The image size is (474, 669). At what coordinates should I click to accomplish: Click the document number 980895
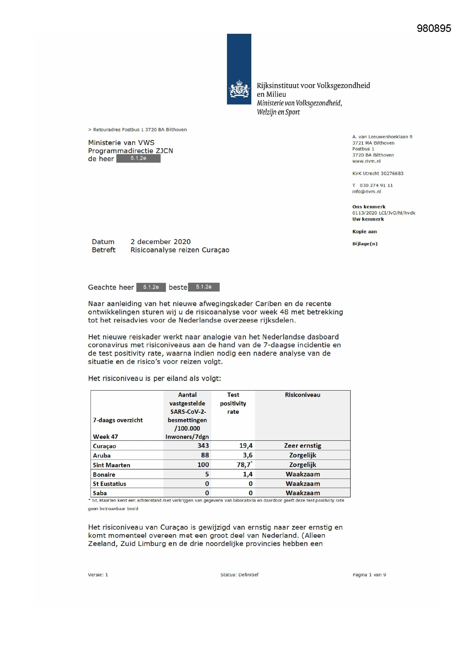[434, 28]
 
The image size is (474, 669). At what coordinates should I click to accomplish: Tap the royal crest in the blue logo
[239, 89]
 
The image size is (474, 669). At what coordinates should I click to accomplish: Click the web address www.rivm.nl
[366, 161]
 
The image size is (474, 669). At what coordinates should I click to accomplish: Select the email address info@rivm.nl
[366, 191]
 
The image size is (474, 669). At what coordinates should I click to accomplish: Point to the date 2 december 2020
[160, 242]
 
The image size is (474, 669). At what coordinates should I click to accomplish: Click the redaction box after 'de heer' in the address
[138, 158]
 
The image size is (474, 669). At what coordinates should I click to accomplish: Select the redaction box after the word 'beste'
[203, 287]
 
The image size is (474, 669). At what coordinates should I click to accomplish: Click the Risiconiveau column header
[302, 395]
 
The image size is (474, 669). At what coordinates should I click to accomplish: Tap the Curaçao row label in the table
[104, 446]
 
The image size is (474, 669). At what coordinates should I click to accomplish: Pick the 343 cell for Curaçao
[203, 446]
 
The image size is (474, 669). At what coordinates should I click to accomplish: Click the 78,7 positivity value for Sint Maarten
[244, 465]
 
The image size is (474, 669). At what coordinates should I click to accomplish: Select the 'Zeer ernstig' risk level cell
[302, 446]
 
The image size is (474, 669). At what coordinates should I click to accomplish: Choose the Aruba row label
[101, 456]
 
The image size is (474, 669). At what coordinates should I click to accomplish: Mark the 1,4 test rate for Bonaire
[248, 474]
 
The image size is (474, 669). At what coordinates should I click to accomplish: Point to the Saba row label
[99, 493]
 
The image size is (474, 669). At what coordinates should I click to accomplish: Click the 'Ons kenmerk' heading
[369, 207]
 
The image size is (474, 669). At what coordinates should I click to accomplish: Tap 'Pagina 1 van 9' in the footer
[369, 575]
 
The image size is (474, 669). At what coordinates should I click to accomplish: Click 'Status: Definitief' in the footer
[239, 575]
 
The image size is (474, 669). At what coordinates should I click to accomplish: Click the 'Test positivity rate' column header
[233, 403]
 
